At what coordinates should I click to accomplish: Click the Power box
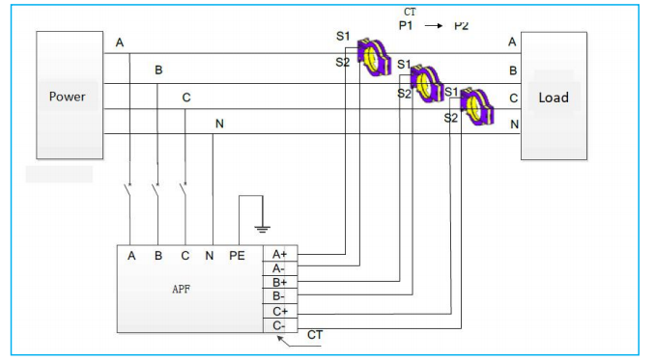pos(69,96)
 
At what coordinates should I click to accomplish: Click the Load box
pos(554,97)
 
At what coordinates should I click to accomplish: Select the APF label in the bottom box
pos(180,289)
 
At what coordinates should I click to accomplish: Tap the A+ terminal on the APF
pos(279,254)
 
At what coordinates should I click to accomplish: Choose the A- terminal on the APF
pos(279,267)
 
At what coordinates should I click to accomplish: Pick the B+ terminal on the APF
pos(279,282)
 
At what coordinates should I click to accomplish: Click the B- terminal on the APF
pos(279,296)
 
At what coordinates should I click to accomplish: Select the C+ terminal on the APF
pos(279,311)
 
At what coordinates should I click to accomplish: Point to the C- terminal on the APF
pos(279,325)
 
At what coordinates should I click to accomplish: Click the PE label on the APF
pos(237,256)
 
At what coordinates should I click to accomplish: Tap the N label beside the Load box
pos(514,124)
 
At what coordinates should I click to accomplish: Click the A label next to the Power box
pos(120,43)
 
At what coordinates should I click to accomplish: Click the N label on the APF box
pos(210,256)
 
